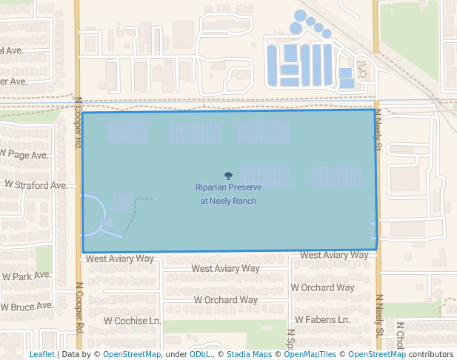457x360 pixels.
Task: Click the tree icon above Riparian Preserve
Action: click(x=228, y=176)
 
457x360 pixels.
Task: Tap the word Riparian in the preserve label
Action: click(x=211, y=188)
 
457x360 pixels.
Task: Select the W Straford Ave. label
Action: click(x=36, y=184)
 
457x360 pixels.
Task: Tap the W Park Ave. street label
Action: click(x=26, y=276)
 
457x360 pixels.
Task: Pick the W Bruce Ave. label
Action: click(x=27, y=305)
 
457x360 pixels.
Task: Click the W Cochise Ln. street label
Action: click(x=133, y=321)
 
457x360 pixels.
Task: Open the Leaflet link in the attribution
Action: click(x=41, y=354)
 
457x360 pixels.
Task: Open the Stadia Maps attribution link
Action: click(x=249, y=354)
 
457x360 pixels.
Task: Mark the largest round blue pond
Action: click(x=300, y=16)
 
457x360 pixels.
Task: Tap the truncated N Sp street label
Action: click(x=291, y=338)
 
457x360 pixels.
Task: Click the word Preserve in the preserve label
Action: click(x=244, y=188)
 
